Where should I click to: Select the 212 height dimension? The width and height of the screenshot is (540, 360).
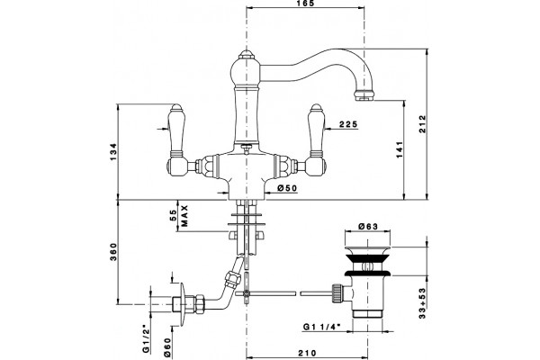(x=423, y=123)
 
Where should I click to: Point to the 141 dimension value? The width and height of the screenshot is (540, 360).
(x=400, y=149)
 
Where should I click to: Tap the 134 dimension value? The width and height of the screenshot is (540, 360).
(x=113, y=151)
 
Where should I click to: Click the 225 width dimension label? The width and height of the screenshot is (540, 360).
(x=348, y=124)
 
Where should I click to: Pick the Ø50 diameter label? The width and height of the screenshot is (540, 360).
(x=287, y=188)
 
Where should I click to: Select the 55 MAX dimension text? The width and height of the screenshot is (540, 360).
(x=179, y=216)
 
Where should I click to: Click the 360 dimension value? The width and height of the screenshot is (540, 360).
(x=113, y=252)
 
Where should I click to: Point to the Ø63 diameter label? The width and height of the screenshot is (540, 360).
(x=368, y=226)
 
